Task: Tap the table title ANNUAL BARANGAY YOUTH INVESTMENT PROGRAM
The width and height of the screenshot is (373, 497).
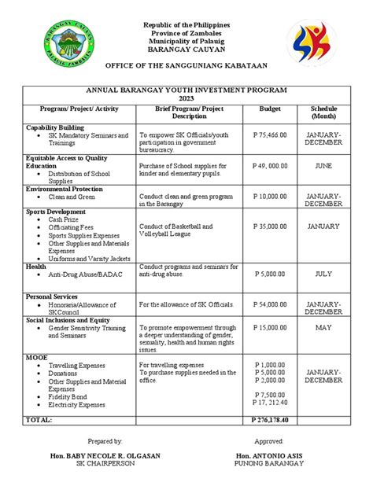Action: coord(187,90)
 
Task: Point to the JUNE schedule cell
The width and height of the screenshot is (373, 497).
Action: coord(323,166)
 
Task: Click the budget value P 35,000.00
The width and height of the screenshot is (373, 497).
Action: coord(271,226)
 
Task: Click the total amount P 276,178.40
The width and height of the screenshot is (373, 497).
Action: coord(271,422)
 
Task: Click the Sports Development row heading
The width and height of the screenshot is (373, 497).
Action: coord(56,212)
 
